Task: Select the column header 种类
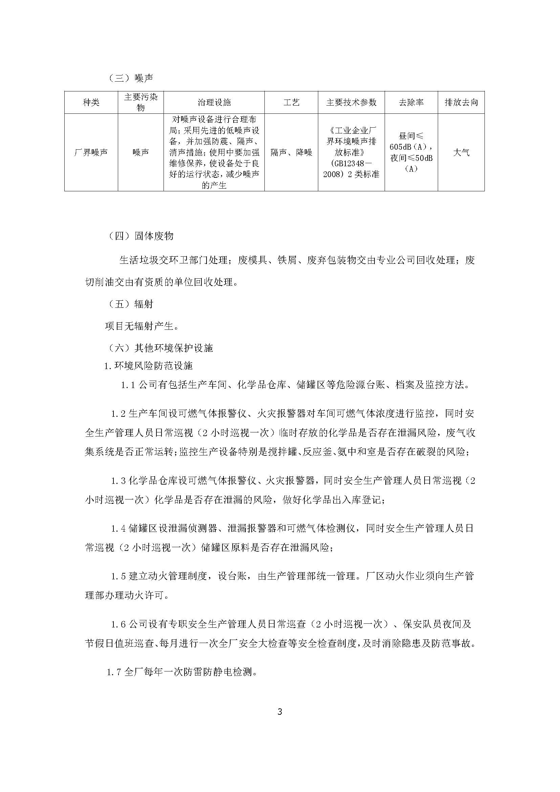pos(91,103)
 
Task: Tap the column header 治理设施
pos(214,103)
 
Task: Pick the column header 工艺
pos(291,103)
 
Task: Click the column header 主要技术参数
pos(351,103)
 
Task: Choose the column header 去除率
pos(411,103)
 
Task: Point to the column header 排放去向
pos(461,103)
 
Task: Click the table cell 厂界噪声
pos(91,152)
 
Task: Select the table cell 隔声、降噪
pos(291,152)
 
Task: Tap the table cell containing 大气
pos(461,152)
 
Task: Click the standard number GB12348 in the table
pos(349,164)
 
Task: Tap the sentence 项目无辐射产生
pos(142,326)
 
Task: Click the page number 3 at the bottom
pos(280,712)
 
